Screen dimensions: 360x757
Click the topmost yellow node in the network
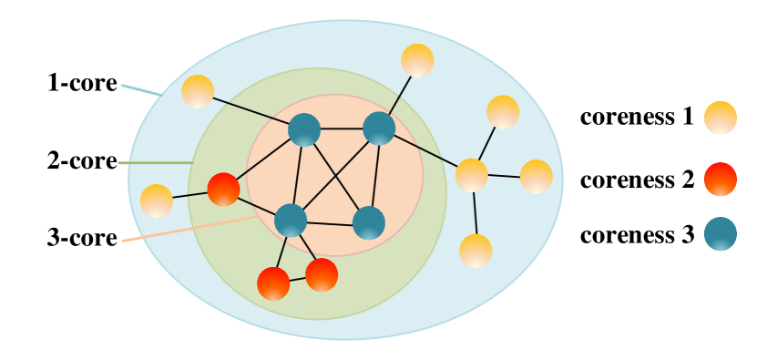tap(417, 60)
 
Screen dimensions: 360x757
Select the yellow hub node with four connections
tap(471, 175)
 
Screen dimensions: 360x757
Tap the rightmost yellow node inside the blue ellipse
tap(536, 176)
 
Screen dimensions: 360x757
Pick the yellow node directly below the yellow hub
tap(476, 251)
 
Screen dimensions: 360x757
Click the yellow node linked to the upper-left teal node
tap(198, 91)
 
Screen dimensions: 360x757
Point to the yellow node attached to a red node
tap(157, 201)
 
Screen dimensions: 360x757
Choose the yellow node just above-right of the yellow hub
tap(503, 112)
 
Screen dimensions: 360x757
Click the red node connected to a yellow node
tap(223, 189)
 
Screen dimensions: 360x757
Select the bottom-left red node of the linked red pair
tap(273, 283)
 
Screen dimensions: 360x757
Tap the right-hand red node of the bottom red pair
tap(322, 274)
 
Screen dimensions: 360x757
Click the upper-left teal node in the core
tap(304, 129)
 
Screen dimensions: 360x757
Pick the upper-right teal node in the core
tap(379, 129)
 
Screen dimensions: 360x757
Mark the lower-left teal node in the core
tap(291, 220)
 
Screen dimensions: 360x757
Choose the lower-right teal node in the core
tap(369, 222)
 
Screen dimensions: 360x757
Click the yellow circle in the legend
tap(720, 118)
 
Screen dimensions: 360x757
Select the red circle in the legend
tap(720, 179)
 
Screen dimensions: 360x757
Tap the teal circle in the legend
tap(720, 233)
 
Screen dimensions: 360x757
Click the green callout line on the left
tap(155, 163)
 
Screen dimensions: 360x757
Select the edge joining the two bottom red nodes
tap(297, 279)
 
